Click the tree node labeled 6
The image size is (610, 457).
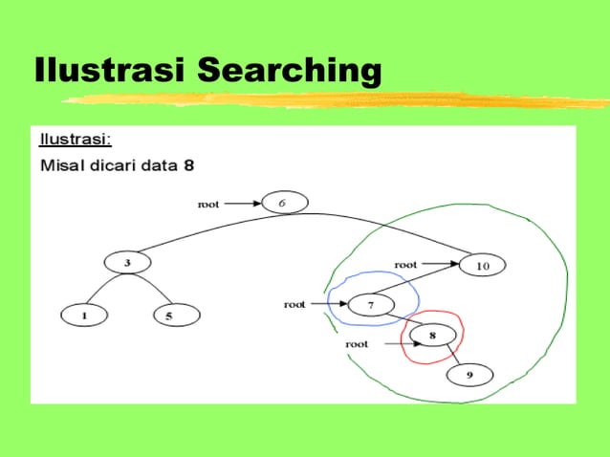(x=281, y=203)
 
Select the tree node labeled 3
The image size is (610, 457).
(x=127, y=262)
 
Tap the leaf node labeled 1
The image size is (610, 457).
(x=83, y=314)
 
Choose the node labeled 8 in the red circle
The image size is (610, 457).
(x=432, y=337)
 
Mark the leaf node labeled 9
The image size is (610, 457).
(x=469, y=375)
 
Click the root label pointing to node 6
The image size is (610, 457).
(x=208, y=203)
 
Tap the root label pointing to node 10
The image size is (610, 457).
(x=405, y=263)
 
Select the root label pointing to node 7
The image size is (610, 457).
(x=294, y=304)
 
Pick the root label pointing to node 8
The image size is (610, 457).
(x=357, y=343)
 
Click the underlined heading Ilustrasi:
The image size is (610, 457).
(x=76, y=140)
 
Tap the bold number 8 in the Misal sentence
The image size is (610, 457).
(x=189, y=165)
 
